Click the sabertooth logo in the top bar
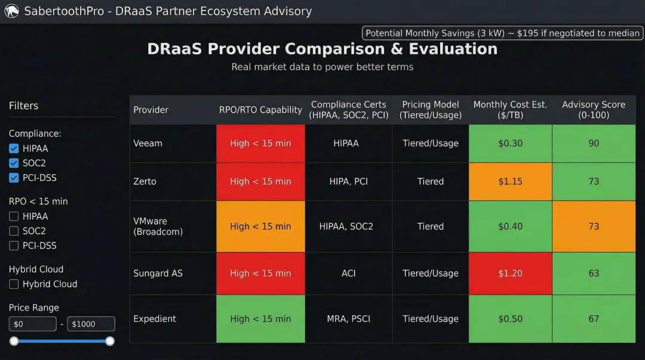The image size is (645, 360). (x=11, y=11)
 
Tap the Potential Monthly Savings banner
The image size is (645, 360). (x=502, y=33)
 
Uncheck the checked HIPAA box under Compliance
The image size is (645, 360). (x=14, y=149)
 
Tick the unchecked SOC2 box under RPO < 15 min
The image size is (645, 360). (x=14, y=231)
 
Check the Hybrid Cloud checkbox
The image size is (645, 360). (x=14, y=284)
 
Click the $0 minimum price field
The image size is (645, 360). (x=32, y=324)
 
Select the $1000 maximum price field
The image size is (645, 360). (x=91, y=324)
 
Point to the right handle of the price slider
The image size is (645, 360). (x=110, y=341)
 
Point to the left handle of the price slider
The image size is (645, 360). (x=14, y=341)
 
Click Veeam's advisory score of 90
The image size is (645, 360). (x=593, y=143)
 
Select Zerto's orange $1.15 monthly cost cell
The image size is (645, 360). (x=510, y=181)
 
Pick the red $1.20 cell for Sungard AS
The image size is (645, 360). (x=510, y=273)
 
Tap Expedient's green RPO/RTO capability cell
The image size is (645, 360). (x=260, y=319)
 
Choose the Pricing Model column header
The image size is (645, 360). (x=430, y=110)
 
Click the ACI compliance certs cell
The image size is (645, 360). (x=348, y=273)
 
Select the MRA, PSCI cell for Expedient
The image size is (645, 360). (x=348, y=319)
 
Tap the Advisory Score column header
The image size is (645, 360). (x=593, y=110)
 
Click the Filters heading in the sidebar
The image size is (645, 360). (x=23, y=106)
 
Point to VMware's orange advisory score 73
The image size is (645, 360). (x=593, y=226)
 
